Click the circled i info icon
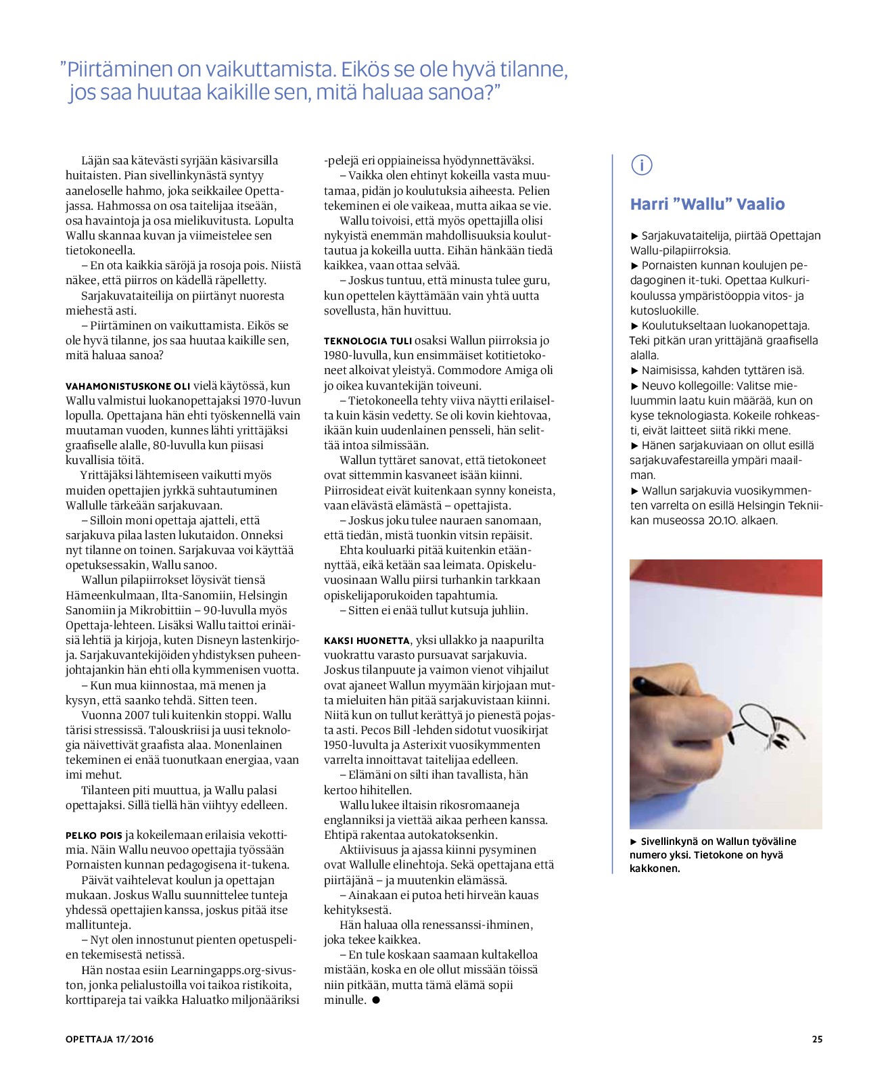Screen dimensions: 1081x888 [641, 164]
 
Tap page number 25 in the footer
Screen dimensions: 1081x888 [817, 1039]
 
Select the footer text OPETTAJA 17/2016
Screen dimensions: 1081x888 [110, 1039]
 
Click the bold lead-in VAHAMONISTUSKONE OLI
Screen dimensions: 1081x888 [128, 386]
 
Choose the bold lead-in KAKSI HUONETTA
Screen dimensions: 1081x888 [367, 641]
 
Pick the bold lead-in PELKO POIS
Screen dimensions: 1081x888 [94, 835]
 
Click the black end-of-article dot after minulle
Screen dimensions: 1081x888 [377, 1000]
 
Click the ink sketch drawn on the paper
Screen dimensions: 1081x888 [771, 727]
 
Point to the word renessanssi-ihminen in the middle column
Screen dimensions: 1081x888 [473, 925]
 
